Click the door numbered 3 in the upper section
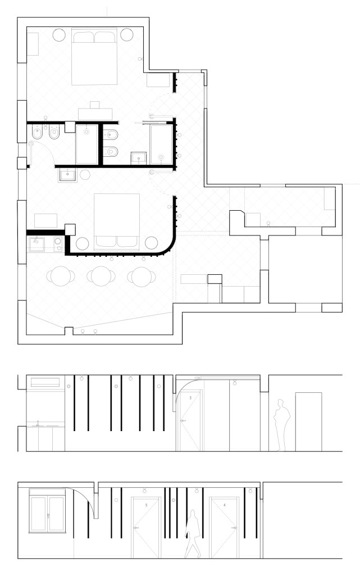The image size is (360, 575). coord(190,421)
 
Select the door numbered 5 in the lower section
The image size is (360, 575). coord(146,527)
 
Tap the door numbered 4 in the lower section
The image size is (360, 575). coord(224,527)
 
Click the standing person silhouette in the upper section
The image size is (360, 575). coord(282,425)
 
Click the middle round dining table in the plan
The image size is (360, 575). coord(101,276)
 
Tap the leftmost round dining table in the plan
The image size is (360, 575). coord(61,276)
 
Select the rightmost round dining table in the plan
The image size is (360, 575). coord(142,277)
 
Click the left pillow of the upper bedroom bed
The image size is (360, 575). coord(84,37)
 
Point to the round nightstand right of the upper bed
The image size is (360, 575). coord(127,34)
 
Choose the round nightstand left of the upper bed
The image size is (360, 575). coord(59,34)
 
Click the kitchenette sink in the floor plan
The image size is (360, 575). coord(37,245)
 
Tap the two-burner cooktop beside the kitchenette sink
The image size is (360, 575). coord(58,245)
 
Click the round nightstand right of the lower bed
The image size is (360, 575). coord(151,243)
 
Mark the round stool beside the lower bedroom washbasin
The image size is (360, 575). coord(85,175)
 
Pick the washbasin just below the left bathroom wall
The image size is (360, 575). coord(67,175)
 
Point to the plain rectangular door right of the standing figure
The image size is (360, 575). coord(309,422)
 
